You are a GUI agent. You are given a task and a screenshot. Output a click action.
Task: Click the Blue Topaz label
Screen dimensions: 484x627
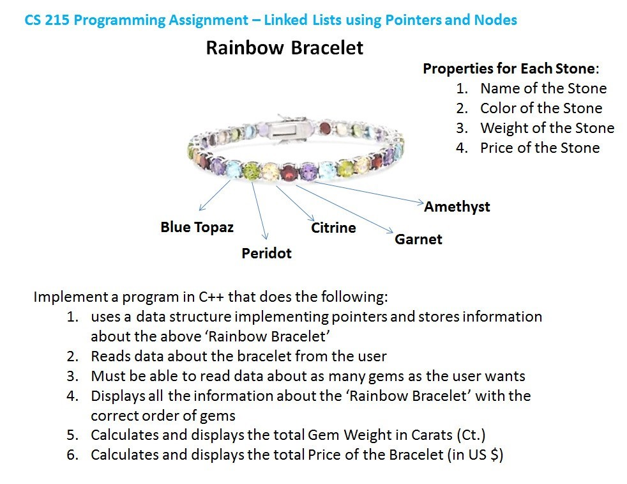(x=197, y=227)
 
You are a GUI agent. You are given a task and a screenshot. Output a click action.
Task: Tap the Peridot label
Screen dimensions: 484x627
(x=266, y=253)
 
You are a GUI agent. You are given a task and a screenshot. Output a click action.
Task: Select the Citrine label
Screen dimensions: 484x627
(x=333, y=228)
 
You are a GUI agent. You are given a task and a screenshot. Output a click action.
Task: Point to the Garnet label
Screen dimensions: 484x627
(x=418, y=239)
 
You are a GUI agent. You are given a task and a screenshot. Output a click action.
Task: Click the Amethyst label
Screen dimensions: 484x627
(x=457, y=207)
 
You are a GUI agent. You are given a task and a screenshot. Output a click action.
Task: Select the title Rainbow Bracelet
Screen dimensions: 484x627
(x=284, y=48)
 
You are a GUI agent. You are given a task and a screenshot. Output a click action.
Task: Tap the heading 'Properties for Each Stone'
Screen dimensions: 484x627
(x=510, y=68)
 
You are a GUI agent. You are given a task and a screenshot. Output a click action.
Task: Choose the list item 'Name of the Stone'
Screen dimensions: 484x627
(x=543, y=88)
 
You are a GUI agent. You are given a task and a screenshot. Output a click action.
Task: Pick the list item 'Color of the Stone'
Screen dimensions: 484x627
(x=541, y=108)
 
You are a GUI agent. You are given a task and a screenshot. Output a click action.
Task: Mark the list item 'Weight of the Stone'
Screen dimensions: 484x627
(x=547, y=128)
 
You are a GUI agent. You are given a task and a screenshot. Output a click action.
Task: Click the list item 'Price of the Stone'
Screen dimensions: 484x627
(x=540, y=148)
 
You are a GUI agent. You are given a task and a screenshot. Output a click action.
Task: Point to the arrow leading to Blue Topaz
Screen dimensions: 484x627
(x=215, y=195)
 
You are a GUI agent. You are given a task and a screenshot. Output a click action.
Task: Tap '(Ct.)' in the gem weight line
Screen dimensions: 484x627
(x=471, y=435)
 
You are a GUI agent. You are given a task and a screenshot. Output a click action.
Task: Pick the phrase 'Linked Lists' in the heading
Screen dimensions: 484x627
(x=302, y=20)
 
